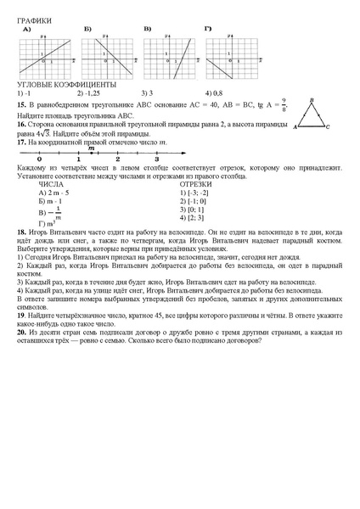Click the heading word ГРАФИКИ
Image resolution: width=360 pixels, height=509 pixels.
pyautogui.click(x=34, y=20)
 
